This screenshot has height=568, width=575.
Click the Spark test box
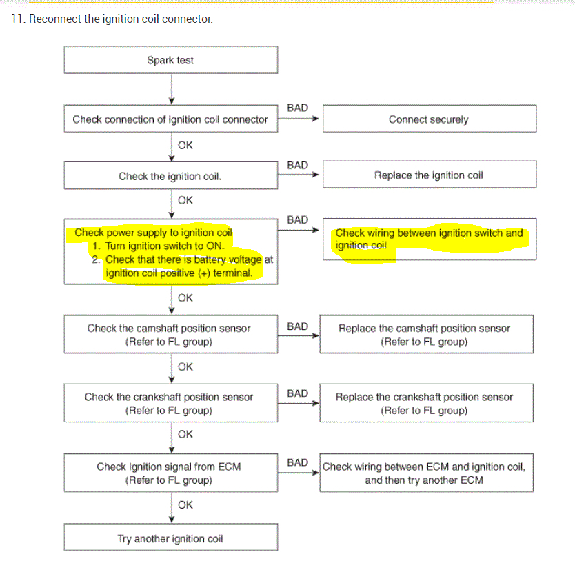pyautogui.click(x=170, y=60)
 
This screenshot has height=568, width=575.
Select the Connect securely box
pyautogui.click(x=428, y=119)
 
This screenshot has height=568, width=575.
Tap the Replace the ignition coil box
pyautogui.click(x=428, y=175)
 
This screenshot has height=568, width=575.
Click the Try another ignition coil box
pyautogui.click(x=170, y=538)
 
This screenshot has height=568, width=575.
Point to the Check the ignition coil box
pyautogui.click(x=170, y=176)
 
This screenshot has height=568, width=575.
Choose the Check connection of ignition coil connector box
pyautogui.click(x=170, y=119)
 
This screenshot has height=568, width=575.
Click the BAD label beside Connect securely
pyautogui.click(x=297, y=108)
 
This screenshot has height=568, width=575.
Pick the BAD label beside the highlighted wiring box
pyautogui.click(x=297, y=220)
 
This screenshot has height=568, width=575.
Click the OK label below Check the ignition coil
pyautogui.click(x=185, y=200)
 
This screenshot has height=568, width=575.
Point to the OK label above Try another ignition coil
pyautogui.click(x=185, y=505)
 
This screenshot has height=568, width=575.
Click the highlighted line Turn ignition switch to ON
pyautogui.click(x=165, y=246)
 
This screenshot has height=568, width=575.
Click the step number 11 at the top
pyautogui.click(x=17, y=19)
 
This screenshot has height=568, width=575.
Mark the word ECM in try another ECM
pyautogui.click(x=472, y=480)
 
